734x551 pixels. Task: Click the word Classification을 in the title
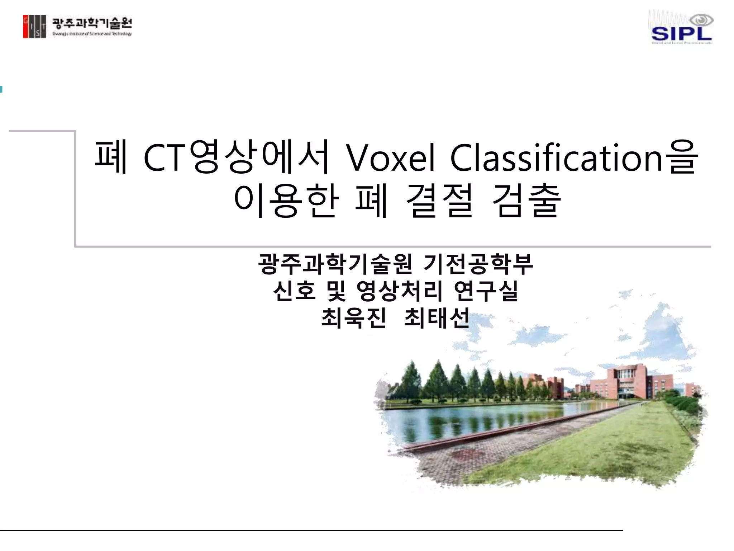coord(573,158)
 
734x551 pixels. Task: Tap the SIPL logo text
coord(681,34)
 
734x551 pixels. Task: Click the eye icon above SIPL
coord(701,20)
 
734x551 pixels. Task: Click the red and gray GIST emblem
coord(34,27)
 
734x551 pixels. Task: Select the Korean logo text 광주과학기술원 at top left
coord(92,24)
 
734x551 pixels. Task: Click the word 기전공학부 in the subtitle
coord(478,264)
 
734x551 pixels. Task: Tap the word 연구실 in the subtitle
coord(486,291)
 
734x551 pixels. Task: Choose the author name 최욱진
coord(353,318)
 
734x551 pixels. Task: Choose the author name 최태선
coord(437,318)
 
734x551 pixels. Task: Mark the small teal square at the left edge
coord(1,89)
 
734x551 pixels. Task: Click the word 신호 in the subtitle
coord(294,291)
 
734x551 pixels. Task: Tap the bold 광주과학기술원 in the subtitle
coord(335,264)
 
